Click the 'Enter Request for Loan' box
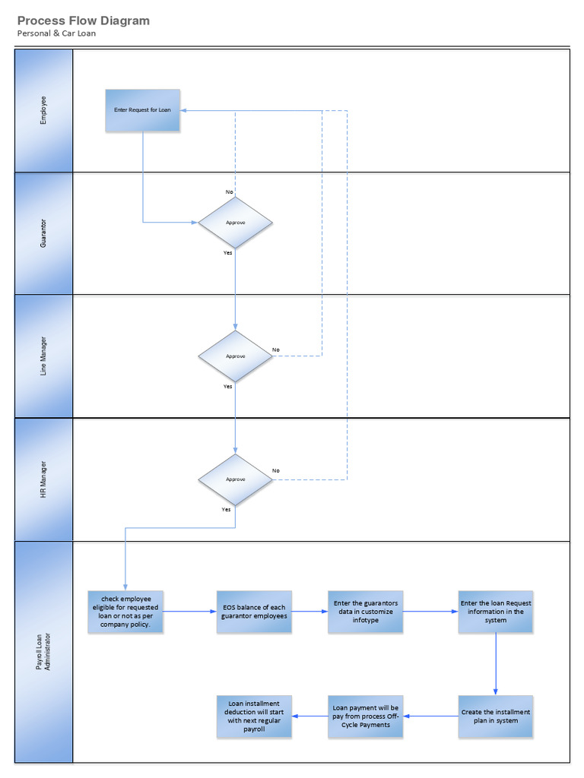click(x=143, y=110)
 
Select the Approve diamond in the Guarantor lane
click(x=235, y=223)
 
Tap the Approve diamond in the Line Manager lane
click(x=235, y=356)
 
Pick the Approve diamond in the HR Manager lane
click(x=235, y=479)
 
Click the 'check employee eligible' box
click(x=125, y=611)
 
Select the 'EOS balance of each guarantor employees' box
click(x=253, y=612)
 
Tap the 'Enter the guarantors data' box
click(x=365, y=612)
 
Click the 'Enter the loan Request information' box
click(x=496, y=612)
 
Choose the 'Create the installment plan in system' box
click(x=496, y=716)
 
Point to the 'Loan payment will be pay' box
click(x=365, y=716)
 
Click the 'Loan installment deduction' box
click(x=254, y=716)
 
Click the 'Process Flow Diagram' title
click(x=84, y=21)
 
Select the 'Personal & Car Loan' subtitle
click(x=57, y=33)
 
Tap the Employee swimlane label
click(x=43, y=110)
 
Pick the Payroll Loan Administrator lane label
click(x=43, y=652)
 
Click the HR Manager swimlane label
click(x=43, y=479)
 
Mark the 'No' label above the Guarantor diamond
click(x=229, y=191)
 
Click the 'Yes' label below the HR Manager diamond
click(x=226, y=509)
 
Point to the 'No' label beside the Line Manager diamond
click(x=275, y=349)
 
